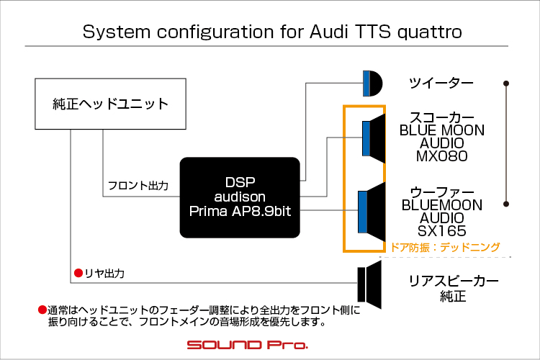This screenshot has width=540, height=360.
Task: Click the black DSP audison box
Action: (240, 197)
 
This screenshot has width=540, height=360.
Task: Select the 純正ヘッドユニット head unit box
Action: (111, 104)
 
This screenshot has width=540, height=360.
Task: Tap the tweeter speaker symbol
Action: (373, 84)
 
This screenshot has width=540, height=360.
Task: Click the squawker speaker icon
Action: (374, 138)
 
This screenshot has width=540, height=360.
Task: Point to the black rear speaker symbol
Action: (369, 284)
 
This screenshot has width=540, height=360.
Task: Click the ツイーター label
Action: (441, 83)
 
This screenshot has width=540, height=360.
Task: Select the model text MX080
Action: (442, 156)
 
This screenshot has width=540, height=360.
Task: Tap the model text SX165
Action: (442, 231)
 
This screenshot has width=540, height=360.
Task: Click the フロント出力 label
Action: (138, 186)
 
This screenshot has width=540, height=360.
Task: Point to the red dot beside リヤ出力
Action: (78, 273)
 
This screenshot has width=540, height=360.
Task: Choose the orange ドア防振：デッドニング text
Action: (445, 247)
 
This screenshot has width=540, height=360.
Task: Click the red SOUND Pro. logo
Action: (247, 344)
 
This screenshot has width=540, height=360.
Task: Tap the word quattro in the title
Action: (430, 32)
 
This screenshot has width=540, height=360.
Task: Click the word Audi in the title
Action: (329, 32)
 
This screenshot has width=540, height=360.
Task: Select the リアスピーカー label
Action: (454, 281)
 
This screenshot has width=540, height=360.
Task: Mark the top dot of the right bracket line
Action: (506, 84)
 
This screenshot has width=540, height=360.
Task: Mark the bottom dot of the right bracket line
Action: (506, 204)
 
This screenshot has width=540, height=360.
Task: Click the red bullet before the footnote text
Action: (42, 310)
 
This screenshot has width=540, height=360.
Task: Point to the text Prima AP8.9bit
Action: (240, 211)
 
